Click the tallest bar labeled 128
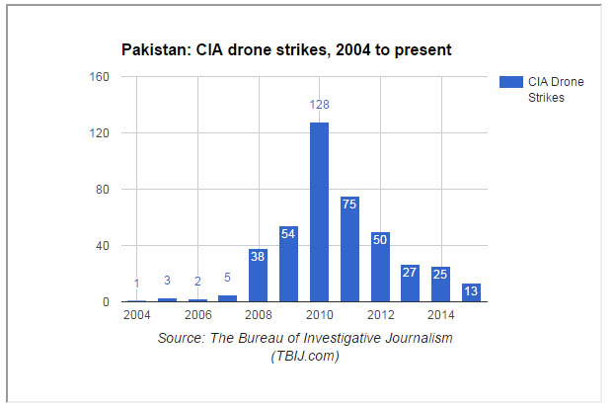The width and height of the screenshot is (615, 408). (x=319, y=211)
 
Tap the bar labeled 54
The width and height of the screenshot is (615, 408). (x=289, y=264)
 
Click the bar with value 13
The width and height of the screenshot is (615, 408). (x=471, y=292)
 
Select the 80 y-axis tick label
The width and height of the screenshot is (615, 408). (x=102, y=190)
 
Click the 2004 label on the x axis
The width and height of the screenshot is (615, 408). (x=137, y=316)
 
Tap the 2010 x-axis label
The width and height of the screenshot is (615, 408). (x=319, y=316)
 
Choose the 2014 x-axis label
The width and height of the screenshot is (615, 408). (x=441, y=316)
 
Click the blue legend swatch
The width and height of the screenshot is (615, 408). (x=511, y=82)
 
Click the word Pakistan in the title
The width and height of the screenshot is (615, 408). (x=152, y=49)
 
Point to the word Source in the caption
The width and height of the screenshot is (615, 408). (x=182, y=339)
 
